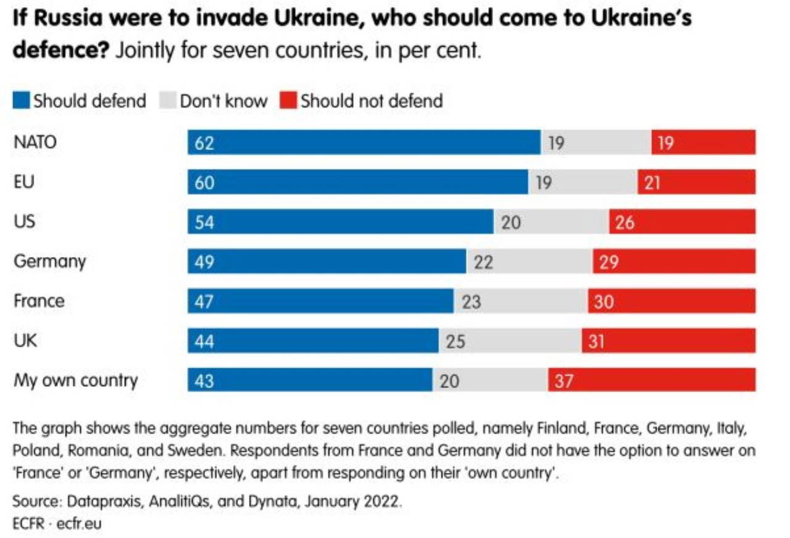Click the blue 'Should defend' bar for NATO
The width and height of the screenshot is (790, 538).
pos(364,142)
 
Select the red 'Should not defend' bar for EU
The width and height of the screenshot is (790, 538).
pos(696,182)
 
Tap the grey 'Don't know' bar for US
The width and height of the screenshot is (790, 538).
pos(551,222)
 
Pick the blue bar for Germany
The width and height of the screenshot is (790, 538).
pos(327,261)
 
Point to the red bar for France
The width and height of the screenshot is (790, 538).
pos(671,301)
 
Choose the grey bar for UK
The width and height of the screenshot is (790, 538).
pos(510,340)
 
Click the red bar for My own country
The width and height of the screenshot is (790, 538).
pos(651,380)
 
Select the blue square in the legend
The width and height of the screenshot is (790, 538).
pos(21,100)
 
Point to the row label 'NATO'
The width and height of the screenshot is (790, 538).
pos(35,142)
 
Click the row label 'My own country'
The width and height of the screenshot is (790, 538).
pos(75,380)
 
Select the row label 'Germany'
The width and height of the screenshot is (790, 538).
pos(49,261)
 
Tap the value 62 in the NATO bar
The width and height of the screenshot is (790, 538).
pos(204,143)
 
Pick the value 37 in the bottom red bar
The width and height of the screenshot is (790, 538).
pos(563,380)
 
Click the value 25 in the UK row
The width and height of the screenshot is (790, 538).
pos(455,341)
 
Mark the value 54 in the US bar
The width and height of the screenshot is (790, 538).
pos(204,222)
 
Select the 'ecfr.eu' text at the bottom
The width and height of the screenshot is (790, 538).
pos(78,524)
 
